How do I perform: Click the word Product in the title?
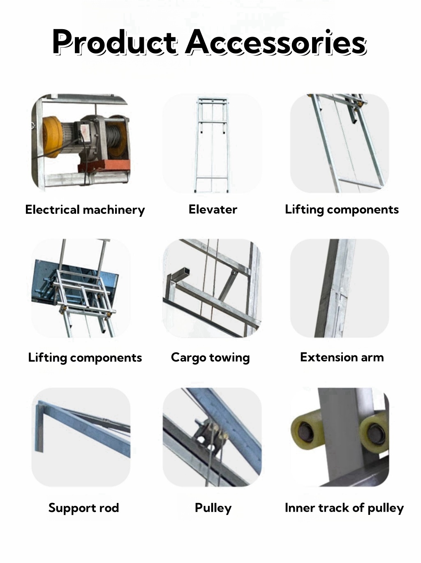click(x=114, y=42)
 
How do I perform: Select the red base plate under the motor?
click(x=104, y=166)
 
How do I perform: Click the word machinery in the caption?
click(x=113, y=210)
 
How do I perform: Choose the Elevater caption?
click(x=213, y=209)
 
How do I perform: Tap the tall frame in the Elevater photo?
click(x=212, y=144)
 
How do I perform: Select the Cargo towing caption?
click(x=210, y=357)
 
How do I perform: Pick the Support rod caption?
click(x=83, y=508)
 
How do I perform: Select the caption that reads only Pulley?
click(x=213, y=508)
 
